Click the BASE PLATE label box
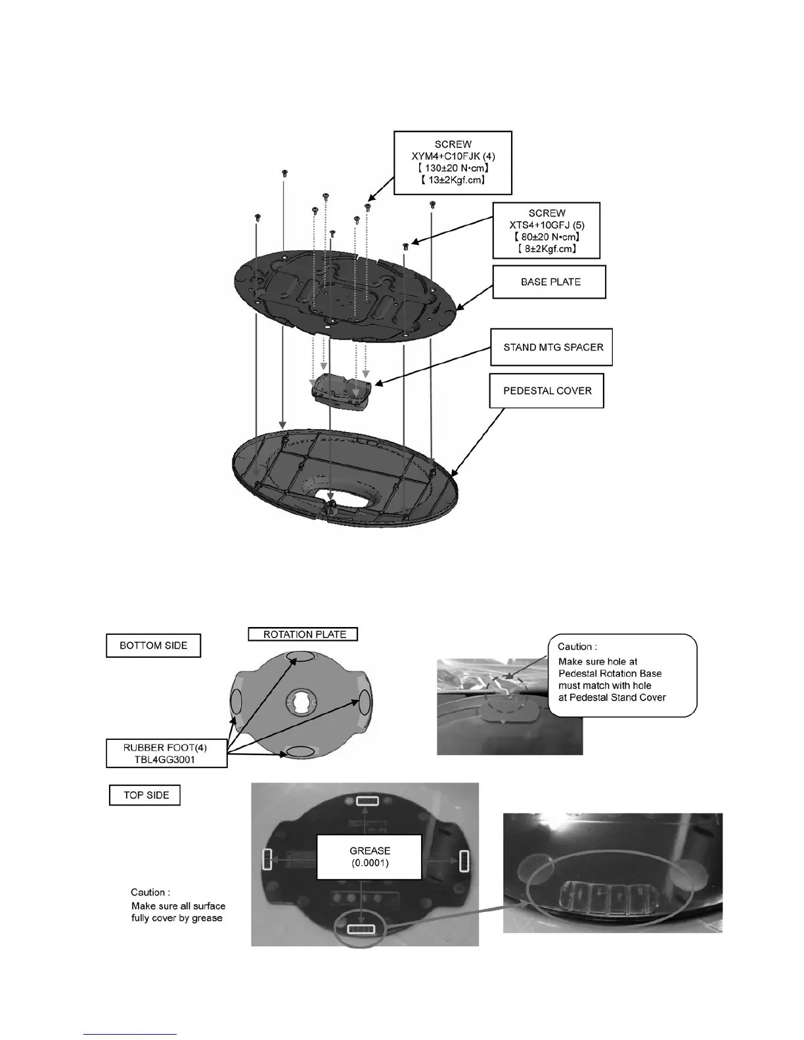coord(550,282)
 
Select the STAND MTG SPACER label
coord(552,347)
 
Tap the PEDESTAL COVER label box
coord(547,391)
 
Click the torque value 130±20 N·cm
coord(453,167)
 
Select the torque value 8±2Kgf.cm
coord(547,249)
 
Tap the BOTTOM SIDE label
coord(153,645)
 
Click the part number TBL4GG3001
coord(167,759)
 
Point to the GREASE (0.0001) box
coord(370,857)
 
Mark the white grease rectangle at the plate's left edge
coord(267,859)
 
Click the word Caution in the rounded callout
coord(577,647)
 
